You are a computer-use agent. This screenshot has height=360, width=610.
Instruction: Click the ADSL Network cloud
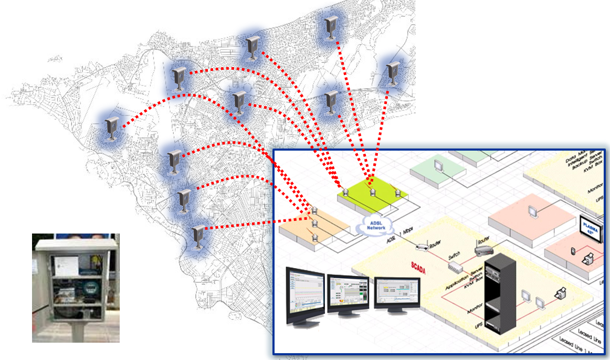pos(376,226)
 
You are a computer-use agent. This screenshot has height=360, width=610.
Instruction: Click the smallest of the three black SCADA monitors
pos(397,294)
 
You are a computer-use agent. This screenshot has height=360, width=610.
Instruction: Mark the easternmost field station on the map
pos(392,74)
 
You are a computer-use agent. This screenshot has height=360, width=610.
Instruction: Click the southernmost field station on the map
pos(198,237)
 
